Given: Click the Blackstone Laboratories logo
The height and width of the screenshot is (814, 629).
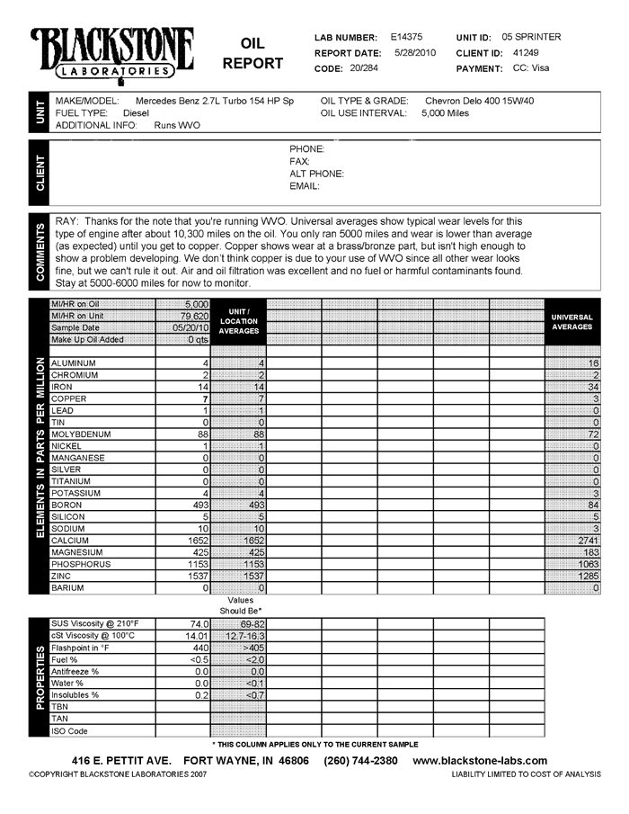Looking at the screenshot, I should click(111, 52).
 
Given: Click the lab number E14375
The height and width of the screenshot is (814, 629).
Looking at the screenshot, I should click(407, 37).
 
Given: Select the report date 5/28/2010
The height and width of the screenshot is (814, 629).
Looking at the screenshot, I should click(414, 52).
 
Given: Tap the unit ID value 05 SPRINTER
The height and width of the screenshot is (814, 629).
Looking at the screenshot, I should click(532, 37).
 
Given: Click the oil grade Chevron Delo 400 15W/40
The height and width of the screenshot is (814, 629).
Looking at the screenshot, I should click(479, 101).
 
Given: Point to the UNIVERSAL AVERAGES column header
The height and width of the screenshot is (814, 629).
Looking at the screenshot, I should click(572, 322).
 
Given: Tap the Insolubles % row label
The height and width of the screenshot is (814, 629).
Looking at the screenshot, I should click(75, 695).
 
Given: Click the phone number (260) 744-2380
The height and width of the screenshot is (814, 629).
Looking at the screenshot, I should click(360, 760).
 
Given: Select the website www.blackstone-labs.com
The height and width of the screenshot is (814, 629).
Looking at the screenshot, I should click(480, 760).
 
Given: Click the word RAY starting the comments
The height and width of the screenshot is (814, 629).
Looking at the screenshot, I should click(67, 220).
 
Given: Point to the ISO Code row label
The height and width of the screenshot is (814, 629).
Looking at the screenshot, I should click(70, 731).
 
